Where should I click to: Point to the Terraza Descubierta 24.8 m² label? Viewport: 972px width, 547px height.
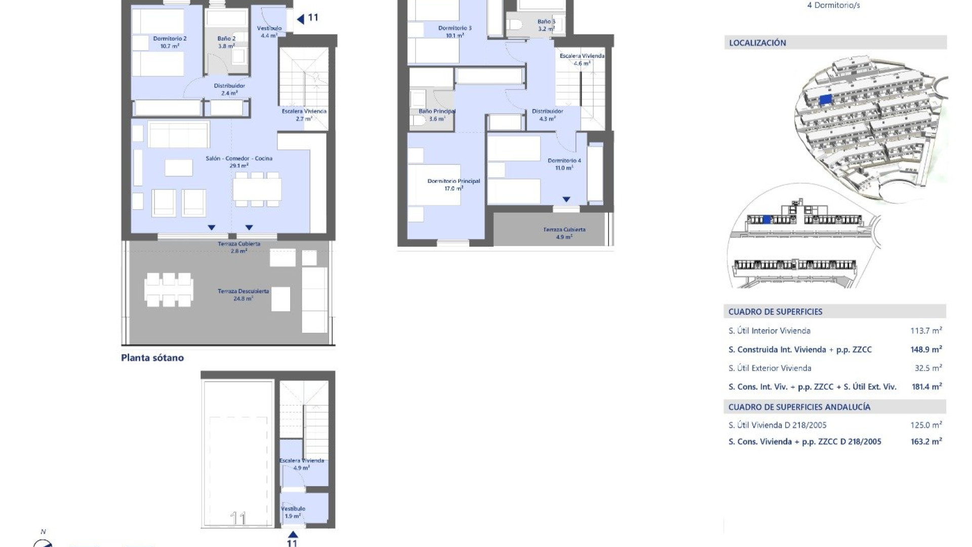point(243,295)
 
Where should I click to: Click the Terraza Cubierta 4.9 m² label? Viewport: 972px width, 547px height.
point(564,233)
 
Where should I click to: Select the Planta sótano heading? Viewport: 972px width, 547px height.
point(152,358)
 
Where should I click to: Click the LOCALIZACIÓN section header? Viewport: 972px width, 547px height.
point(757,43)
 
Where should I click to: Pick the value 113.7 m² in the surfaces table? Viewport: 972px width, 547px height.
point(926,331)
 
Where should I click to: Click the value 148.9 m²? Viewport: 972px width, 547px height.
point(926,349)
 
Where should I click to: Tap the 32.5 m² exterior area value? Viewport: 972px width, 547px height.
point(927,368)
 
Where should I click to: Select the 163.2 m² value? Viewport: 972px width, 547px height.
point(926,442)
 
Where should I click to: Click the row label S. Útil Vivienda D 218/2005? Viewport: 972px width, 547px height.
point(777,425)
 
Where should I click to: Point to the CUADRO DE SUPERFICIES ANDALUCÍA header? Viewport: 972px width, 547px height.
point(799,407)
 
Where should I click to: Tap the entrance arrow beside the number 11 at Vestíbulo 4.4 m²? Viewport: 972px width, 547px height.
point(300,19)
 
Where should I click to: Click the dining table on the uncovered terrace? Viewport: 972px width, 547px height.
point(169,290)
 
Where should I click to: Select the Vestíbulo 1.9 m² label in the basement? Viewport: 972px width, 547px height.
point(293,512)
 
